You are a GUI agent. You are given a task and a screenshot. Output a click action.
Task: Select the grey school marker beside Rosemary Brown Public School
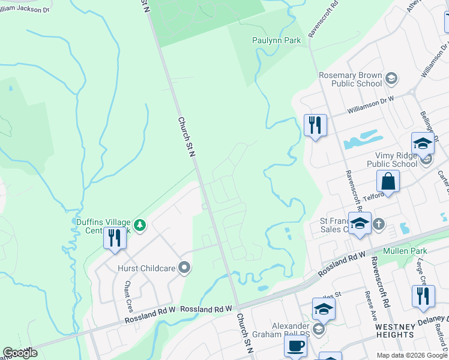coord(391,78)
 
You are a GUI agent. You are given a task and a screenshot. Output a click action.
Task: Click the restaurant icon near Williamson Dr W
coord(315,125)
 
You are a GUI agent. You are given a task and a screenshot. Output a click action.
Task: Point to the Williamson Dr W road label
coord(371,106)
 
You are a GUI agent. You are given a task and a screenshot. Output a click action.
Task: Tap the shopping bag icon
coord(388,181)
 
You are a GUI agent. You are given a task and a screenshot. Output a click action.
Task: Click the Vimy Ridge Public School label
coord(392,160)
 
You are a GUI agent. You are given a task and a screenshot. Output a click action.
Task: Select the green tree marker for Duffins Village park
coord(140,226)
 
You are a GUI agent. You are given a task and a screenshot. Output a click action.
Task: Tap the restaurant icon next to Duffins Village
coord(113,238)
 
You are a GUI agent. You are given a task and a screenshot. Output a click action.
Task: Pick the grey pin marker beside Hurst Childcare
coord(185,268)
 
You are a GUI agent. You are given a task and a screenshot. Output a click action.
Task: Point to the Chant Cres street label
coord(128,296)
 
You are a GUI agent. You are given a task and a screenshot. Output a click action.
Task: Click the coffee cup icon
coord(295,346)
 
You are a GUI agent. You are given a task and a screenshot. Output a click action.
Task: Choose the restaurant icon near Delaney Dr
coord(423,296)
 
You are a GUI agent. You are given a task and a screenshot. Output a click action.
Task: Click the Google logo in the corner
coord(19,353)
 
